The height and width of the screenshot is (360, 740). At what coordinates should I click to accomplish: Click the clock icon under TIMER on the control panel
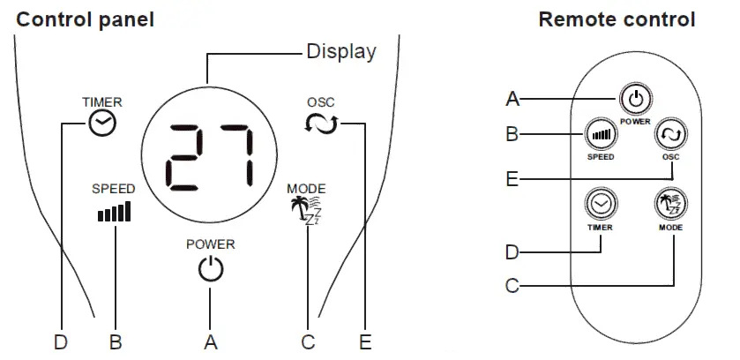(x=102, y=125)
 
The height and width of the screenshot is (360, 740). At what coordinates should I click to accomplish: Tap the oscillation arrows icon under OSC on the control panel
(x=321, y=124)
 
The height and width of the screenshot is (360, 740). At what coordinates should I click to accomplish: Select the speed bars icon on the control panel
(x=114, y=212)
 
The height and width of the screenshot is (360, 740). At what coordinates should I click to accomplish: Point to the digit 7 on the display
(x=234, y=160)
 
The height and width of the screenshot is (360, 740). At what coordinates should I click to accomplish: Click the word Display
(x=340, y=51)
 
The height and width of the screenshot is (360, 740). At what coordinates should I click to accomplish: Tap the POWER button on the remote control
(x=634, y=99)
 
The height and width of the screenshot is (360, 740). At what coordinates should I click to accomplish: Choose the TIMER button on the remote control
(x=601, y=205)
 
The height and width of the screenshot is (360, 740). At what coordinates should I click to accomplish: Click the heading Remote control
(x=617, y=19)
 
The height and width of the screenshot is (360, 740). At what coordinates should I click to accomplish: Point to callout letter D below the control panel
(x=60, y=341)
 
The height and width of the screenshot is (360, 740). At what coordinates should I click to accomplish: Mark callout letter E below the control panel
(x=365, y=341)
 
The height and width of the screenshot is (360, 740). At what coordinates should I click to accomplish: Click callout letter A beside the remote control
(x=512, y=99)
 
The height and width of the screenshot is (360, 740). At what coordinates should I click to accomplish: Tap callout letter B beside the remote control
(x=512, y=135)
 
